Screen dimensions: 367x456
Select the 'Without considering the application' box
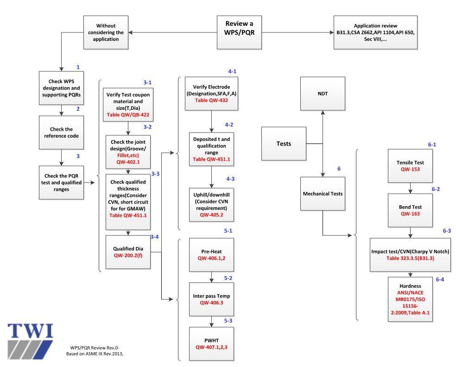106,32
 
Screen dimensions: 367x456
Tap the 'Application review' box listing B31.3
375,32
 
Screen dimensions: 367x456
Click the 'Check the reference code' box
61,132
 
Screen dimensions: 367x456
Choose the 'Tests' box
284,144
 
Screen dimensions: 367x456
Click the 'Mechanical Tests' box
323,194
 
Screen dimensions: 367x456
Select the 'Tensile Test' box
410,166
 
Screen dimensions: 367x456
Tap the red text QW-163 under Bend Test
410,215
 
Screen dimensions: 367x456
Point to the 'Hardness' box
410,297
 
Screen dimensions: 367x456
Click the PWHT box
211,343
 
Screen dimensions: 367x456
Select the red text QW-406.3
211,302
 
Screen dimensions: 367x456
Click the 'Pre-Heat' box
211,254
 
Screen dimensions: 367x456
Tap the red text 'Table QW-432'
211,100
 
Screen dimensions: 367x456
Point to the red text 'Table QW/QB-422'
127,114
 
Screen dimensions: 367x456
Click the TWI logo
31,339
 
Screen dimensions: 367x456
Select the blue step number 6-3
447,230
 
